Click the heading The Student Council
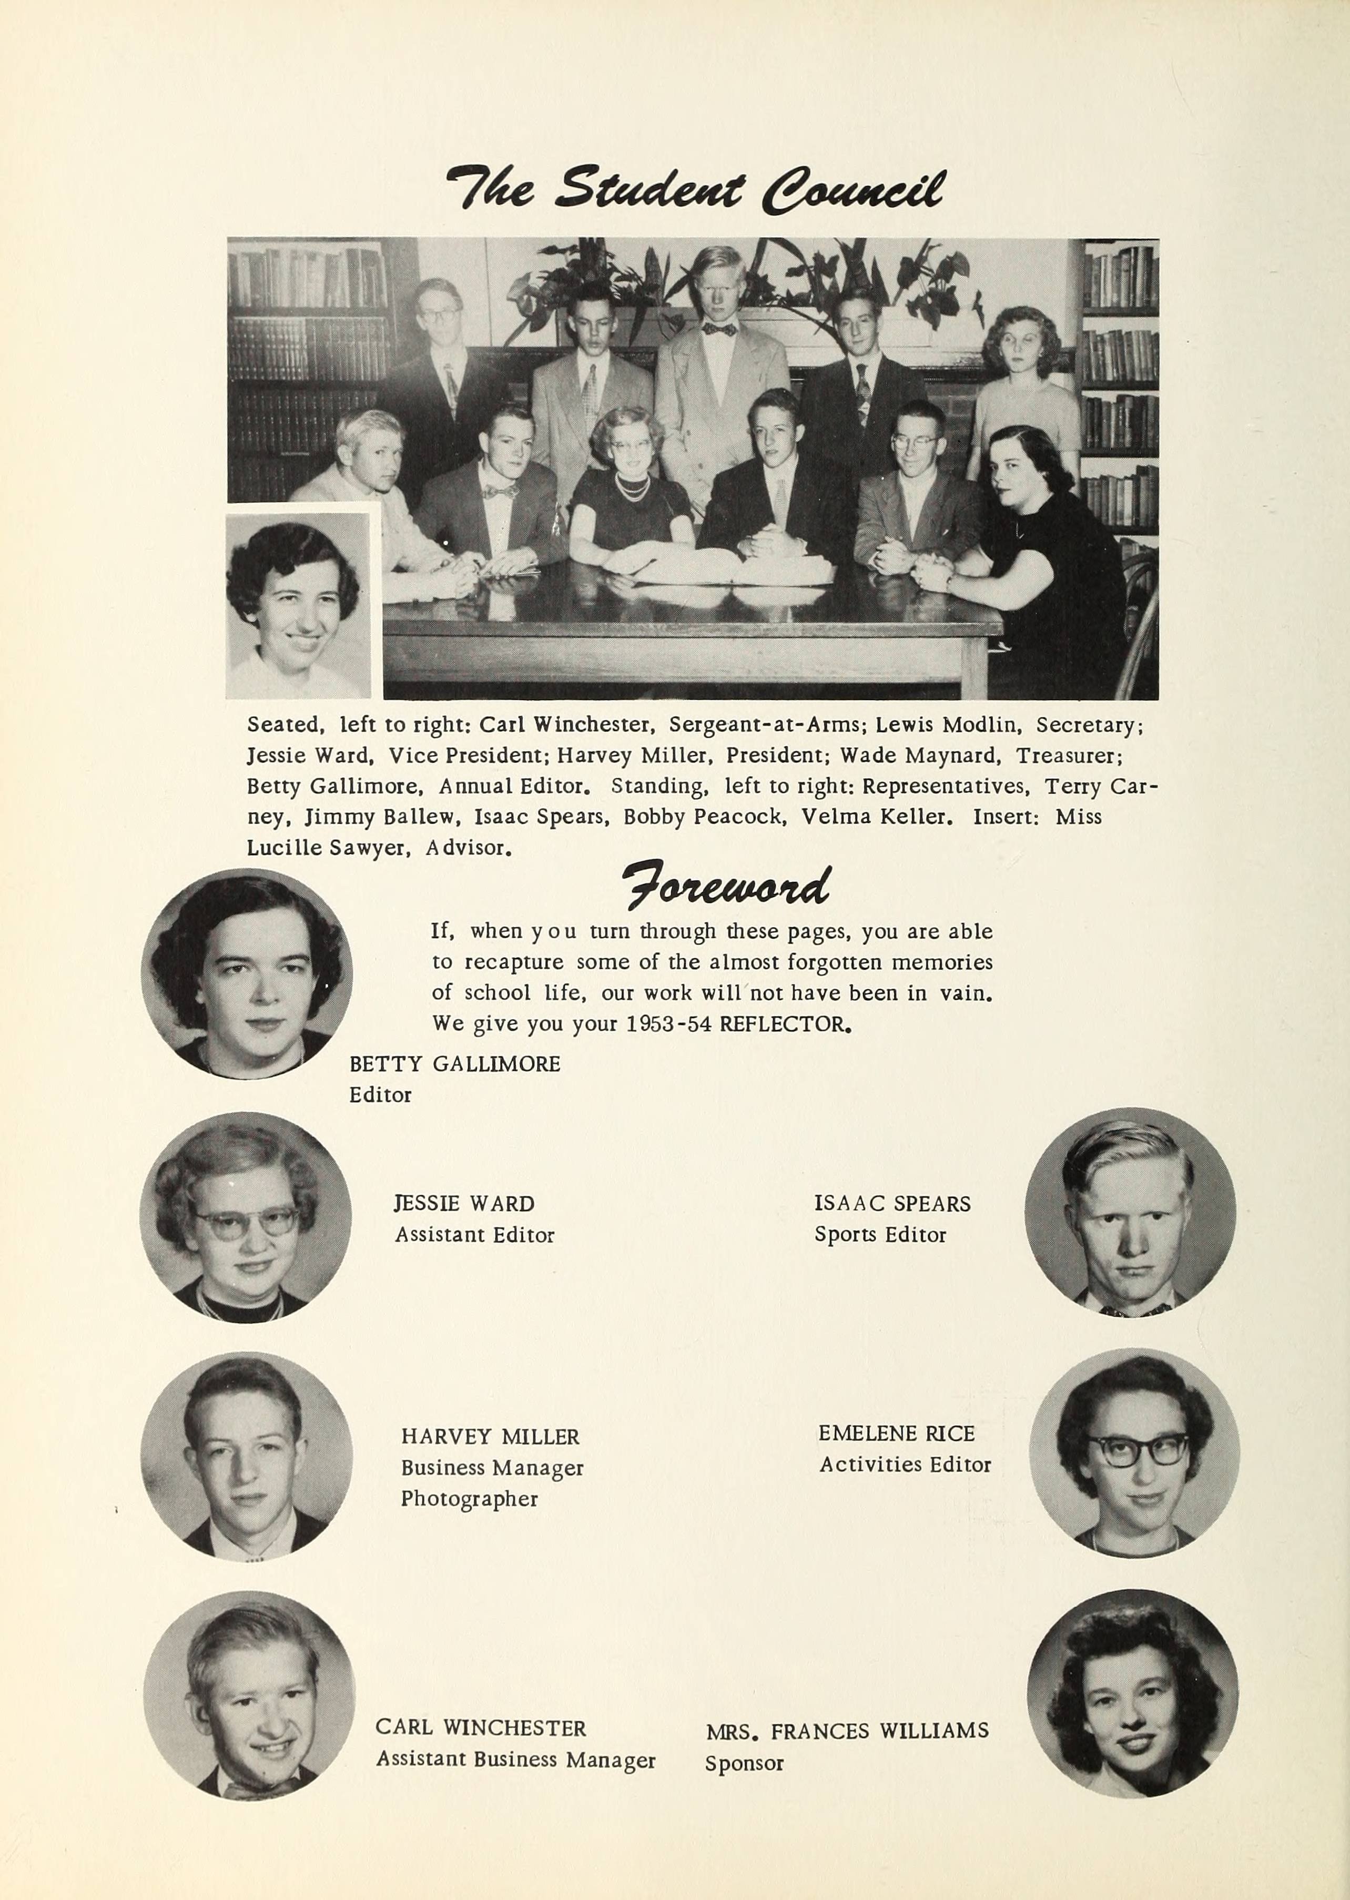click(x=695, y=189)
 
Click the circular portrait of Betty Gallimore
click(x=247, y=974)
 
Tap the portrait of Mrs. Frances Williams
click(x=1132, y=1695)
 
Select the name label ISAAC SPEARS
click(x=892, y=1204)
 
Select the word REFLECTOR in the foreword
click(x=784, y=1024)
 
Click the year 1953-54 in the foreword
click(x=668, y=1024)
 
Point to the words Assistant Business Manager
click(x=515, y=1760)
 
